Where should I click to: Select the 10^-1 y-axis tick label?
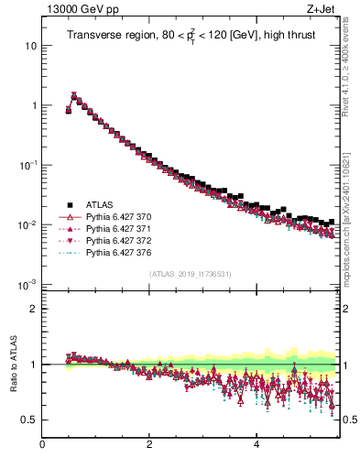(28, 165)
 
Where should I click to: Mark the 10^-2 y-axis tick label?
(28, 224)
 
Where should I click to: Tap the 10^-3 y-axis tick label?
(28, 284)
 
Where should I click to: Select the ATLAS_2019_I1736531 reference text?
(190, 274)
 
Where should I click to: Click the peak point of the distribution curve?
(74, 94)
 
